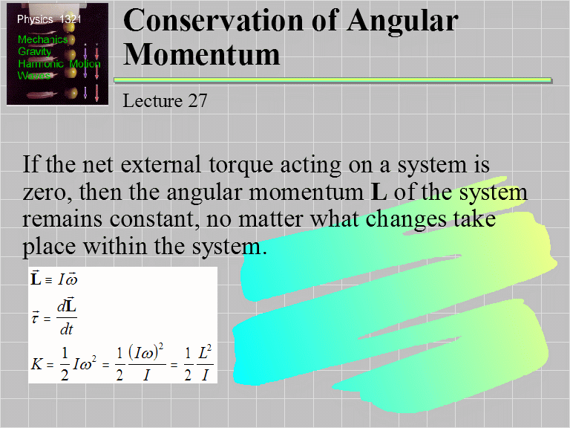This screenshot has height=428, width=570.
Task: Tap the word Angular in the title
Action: pos(401,20)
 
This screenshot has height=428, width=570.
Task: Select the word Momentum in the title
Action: pos(201,53)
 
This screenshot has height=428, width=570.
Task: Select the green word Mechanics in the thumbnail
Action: pos(42,39)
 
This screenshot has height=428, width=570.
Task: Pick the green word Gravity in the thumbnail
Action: pos(34,51)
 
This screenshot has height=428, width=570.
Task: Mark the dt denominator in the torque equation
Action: pos(67,330)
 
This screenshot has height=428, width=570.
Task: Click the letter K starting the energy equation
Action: pos(36,364)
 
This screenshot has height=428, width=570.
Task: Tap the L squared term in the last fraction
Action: pos(206,355)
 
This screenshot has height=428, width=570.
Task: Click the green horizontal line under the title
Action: pos(337,80)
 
